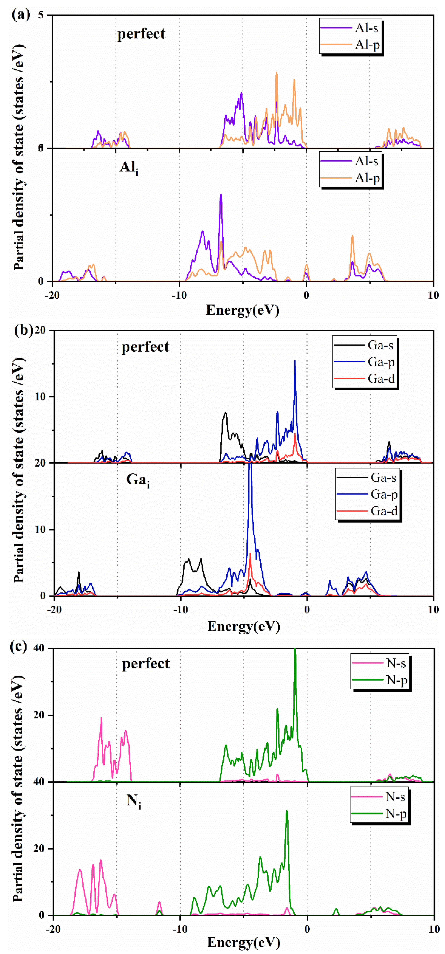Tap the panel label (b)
[23, 330]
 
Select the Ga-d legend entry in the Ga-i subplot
[384, 511]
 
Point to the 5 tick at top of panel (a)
[41, 15]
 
